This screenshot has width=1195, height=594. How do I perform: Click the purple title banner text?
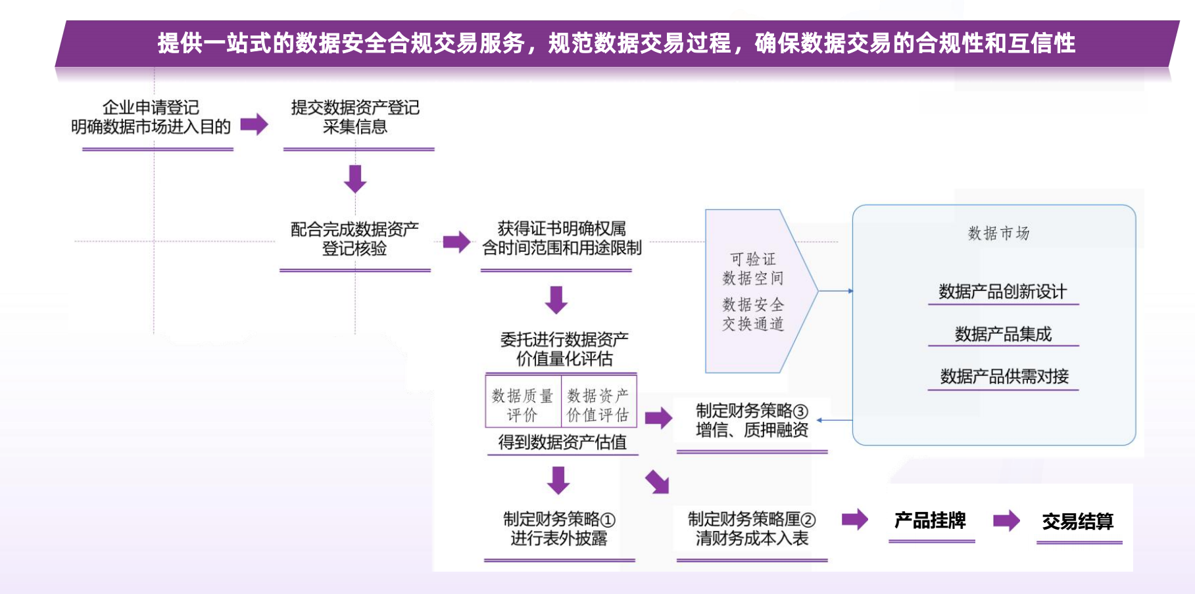(616, 43)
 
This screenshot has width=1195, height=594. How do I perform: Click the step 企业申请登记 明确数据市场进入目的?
(151, 117)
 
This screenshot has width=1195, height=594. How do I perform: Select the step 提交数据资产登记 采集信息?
(355, 117)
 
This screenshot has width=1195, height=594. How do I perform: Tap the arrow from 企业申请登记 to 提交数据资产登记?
(254, 124)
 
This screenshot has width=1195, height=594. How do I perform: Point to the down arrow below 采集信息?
(355, 179)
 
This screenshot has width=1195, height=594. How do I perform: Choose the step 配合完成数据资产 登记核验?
(354, 239)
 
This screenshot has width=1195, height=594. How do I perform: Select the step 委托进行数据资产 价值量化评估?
(564, 349)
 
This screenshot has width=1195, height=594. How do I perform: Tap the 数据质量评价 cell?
(523, 405)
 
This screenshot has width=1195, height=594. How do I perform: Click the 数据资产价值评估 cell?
(598, 405)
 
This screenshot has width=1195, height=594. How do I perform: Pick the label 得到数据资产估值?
(562, 442)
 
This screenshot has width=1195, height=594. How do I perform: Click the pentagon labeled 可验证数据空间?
(754, 291)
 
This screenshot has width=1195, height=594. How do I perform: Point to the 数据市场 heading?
(998, 233)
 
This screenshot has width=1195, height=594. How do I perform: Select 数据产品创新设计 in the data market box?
(1002, 292)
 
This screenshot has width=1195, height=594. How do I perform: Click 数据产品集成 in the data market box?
(1003, 334)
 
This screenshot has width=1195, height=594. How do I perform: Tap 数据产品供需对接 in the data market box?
(1004, 377)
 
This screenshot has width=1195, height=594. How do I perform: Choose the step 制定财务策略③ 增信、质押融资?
(752, 421)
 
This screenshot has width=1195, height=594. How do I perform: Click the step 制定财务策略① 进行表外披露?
(559, 529)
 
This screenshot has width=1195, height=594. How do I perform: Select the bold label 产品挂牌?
(930, 521)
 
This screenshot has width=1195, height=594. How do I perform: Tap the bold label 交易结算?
(1077, 522)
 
